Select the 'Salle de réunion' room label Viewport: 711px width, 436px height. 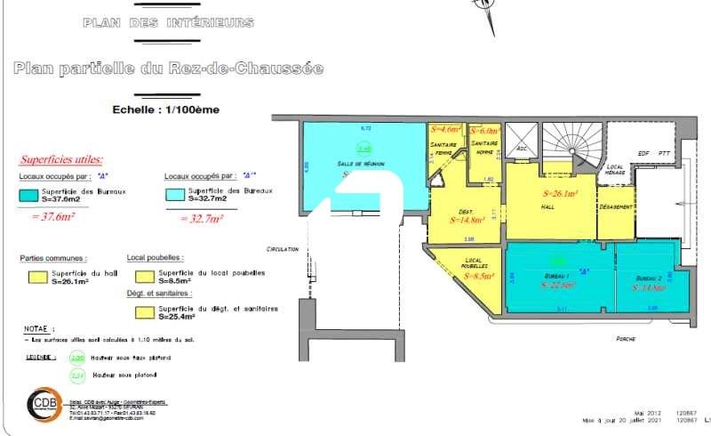tap(335, 165)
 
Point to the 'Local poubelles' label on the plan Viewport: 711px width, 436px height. tap(479, 263)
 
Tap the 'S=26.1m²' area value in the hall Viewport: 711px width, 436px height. tap(561, 193)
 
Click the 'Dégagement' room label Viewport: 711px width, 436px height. tap(616, 207)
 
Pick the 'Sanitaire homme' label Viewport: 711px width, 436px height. tap(484, 147)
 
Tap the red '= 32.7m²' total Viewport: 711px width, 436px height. tap(202, 216)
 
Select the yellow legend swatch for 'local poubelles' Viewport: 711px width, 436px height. tap(141, 277)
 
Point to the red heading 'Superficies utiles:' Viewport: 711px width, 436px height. tap(61, 160)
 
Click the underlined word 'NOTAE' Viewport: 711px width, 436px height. tap(35, 328)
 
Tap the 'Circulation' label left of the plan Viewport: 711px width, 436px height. tap(282, 250)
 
